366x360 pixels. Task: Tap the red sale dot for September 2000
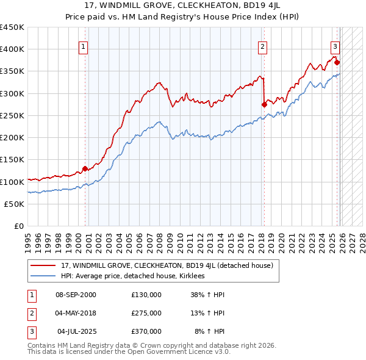pyautogui.click(x=85, y=168)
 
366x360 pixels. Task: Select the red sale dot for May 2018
pyautogui.click(x=264, y=104)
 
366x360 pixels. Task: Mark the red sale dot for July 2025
pyautogui.click(x=337, y=62)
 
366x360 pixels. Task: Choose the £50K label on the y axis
pyautogui.click(x=15, y=204)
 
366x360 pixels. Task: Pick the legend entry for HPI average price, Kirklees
pyautogui.click(x=132, y=276)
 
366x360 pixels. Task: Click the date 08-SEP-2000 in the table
pyautogui.click(x=76, y=294)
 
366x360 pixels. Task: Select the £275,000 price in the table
pyautogui.click(x=146, y=313)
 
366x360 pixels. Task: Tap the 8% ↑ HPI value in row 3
pyautogui.click(x=210, y=331)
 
